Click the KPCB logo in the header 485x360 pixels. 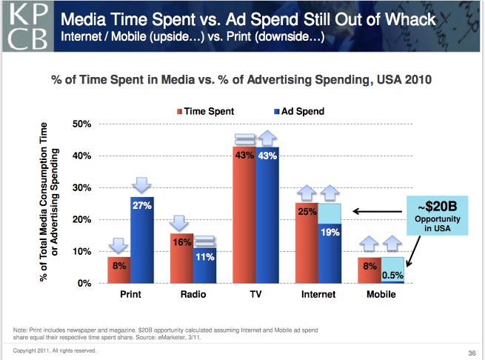pyautogui.click(x=26, y=27)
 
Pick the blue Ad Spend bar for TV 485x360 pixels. pyautogui.click(x=267, y=219)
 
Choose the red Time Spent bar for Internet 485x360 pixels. pyautogui.click(x=307, y=244)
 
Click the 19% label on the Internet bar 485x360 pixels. pyautogui.click(x=330, y=233)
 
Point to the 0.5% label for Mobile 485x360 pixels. pyautogui.click(x=392, y=275)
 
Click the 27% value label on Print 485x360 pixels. pyautogui.click(x=141, y=205)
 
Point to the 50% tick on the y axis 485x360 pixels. pyautogui.click(x=81, y=124)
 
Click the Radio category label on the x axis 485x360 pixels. pyautogui.click(x=193, y=295)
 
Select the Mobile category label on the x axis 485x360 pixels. pyautogui.click(x=381, y=295)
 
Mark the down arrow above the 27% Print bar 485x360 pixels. pyautogui.click(x=141, y=183)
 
